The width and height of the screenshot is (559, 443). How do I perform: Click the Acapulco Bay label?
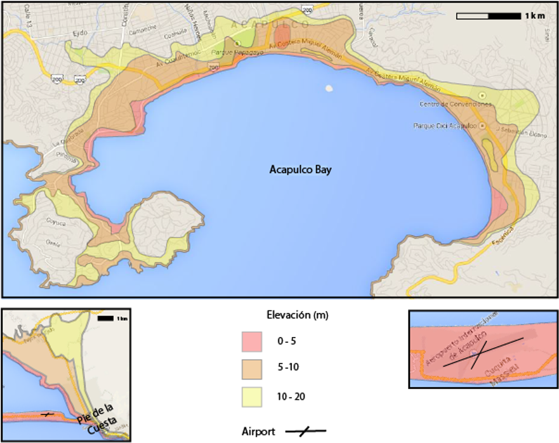300,169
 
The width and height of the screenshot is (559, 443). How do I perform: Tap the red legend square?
252,341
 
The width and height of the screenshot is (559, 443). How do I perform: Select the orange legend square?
252,369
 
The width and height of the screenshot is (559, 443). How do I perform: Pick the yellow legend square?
252,397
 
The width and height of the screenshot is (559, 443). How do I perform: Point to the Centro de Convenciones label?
447,104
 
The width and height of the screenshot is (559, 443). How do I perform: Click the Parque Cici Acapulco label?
444,126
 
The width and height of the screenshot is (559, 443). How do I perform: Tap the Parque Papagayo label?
210,53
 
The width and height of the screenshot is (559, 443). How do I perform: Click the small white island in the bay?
329,88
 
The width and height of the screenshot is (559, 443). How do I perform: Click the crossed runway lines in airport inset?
483,354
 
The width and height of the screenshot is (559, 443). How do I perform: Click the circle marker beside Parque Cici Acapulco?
482,126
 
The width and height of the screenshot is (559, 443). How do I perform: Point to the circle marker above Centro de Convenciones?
482,95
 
